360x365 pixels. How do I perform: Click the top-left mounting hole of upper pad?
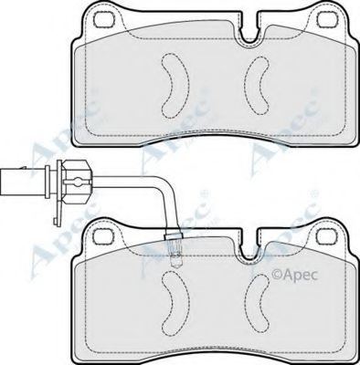(103, 20)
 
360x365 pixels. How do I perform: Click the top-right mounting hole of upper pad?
(325, 20)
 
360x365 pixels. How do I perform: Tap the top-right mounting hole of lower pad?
(325, 236)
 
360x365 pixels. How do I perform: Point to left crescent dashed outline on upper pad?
(175, 86)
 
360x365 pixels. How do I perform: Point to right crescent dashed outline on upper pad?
(257, 86)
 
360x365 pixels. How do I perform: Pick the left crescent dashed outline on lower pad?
(175, 303)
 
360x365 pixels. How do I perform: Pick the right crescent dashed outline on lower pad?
(257, 304)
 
